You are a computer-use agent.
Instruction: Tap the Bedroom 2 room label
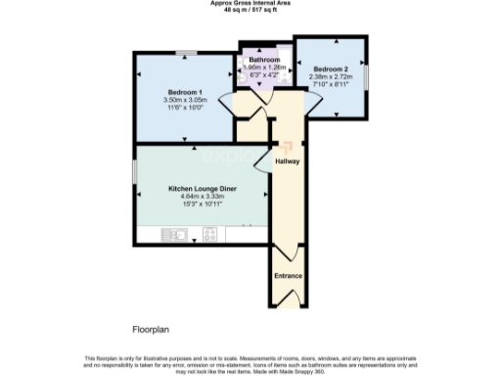pyautogui.click(x=331, y=69)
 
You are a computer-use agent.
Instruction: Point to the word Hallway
pyautogui.click(x=287, y=162)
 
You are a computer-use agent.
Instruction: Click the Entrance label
pyautogui.click(x=288, y=277)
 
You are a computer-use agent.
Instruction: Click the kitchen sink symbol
pyautogui.click(x=177, y=234)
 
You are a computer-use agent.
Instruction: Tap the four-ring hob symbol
pyautogui.click(x=209, y=234)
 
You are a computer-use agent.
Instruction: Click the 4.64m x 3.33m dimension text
pyautogui.click(x=203, y=196)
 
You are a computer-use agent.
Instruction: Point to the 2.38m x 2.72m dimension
pyautogui.click(x=331, y=76)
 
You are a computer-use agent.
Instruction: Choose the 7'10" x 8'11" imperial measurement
pyautogui.click(x=331, y=84)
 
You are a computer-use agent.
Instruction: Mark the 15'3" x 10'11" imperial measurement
pyautogui.click(x=203, y=204)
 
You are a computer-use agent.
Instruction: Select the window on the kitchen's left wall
pyautogui.click(x=136, y=168)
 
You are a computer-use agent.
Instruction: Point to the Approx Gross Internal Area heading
pyautogui.click(x=250, y=3)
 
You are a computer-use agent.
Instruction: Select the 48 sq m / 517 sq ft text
pyautogui.click(x=250, y=10)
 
